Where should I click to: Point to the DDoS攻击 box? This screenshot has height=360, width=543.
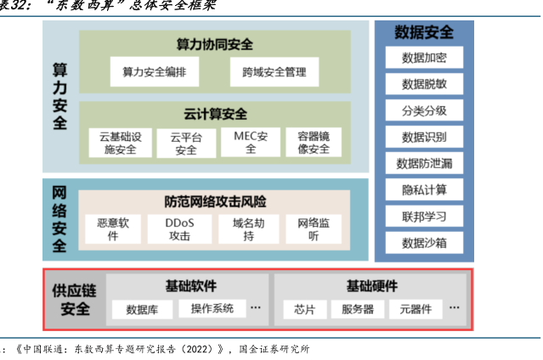click(x=179, y=229)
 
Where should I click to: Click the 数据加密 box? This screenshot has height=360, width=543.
click(x=424, y=59)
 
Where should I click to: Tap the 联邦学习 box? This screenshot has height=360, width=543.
click(x=424, y=216)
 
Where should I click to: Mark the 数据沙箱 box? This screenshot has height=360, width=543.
click(x=424, y=242)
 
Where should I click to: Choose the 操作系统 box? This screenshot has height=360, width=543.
click(x=212, y=307)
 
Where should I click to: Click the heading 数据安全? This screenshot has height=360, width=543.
click(x=424, y=33)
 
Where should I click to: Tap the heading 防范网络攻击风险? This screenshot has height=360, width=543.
click(x=215, y=202)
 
